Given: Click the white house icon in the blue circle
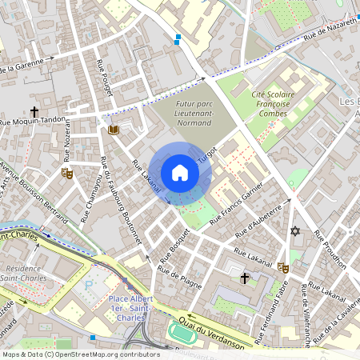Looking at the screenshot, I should coord(180,173).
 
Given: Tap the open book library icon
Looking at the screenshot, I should coord(114,130).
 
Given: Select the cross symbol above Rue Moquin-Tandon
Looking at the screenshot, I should coord(34,112).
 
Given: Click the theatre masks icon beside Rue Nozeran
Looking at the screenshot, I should coord(67,173).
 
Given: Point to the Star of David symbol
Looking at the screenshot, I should coord(294,231).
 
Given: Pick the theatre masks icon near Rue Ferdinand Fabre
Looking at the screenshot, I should coord(282,269).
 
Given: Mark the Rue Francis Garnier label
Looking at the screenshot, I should coord(237,204).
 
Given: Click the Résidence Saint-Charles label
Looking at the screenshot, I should coord(23,274).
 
